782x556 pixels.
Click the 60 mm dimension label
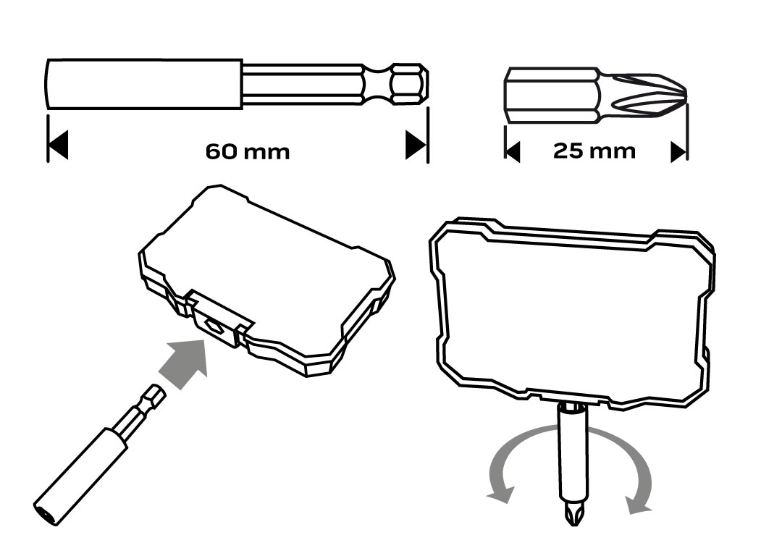(x=248, y=151)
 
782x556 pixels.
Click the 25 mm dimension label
(x=594, y=151)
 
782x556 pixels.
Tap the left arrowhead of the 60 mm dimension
(x=58, y=145)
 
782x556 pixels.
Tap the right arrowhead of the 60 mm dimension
(x=416, y=145)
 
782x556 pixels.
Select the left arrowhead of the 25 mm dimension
(x=512, y=151)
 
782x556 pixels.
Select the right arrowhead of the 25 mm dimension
(x=678, y=151)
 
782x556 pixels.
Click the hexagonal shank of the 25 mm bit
(x=552, y=96)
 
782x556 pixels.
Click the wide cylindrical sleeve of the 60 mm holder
(x=145, y=84)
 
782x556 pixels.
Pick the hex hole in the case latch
(x=214, y=327)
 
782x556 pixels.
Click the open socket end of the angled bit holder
(x=45, y=510)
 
